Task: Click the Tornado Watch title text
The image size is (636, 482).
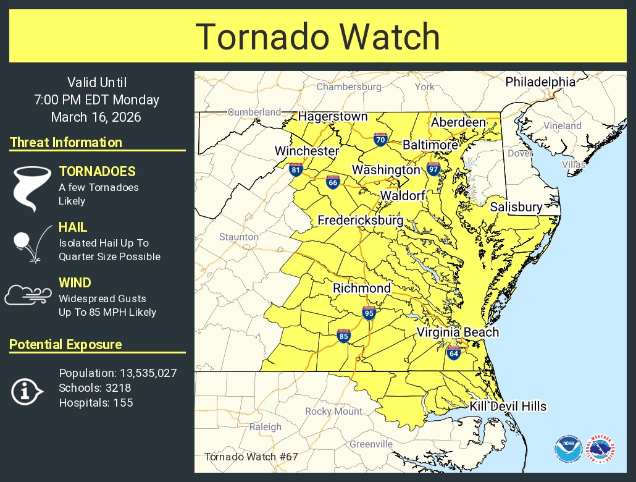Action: tap(317, 36)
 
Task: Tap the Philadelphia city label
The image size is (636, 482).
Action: tap(540, 82)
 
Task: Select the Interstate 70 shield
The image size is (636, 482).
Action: tap(380, 140)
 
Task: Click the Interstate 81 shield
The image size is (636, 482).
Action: tap(296, 169)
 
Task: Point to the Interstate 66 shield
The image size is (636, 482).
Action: tap(333, 182)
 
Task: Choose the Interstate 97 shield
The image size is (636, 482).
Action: tap(433, 169)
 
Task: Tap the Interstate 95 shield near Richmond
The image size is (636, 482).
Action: tap(369, 313)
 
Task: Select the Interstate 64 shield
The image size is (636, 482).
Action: tap(454, 353)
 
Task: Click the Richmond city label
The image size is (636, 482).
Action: tap(361, 288)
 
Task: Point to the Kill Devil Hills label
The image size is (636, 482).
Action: tap(508, 406)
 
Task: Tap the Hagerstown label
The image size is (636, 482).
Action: tap(333, 116)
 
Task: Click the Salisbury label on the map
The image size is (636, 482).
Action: tap(516, 207)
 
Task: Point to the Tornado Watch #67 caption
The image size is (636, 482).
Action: tap(251, 457)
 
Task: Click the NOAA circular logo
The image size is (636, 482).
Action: tap(567, 449)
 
